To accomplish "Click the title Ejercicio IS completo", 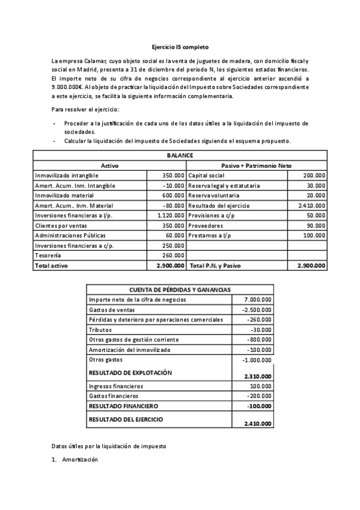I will click(180, 46).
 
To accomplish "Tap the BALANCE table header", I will click(180, 155).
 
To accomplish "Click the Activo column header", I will click(109, 165).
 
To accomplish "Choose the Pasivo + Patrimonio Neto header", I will click(257, 165).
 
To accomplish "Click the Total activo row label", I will click(50, 265).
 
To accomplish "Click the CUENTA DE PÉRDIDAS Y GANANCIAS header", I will click(180, 289).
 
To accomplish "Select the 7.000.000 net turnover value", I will click(258, 300).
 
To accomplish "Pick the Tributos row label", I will click(100, 330).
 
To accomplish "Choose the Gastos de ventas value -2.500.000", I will click(257, 309).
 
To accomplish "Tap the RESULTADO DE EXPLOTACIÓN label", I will click(130, 373).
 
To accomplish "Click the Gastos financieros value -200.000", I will click(259, 396).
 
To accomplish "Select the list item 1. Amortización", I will click(75, 459).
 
